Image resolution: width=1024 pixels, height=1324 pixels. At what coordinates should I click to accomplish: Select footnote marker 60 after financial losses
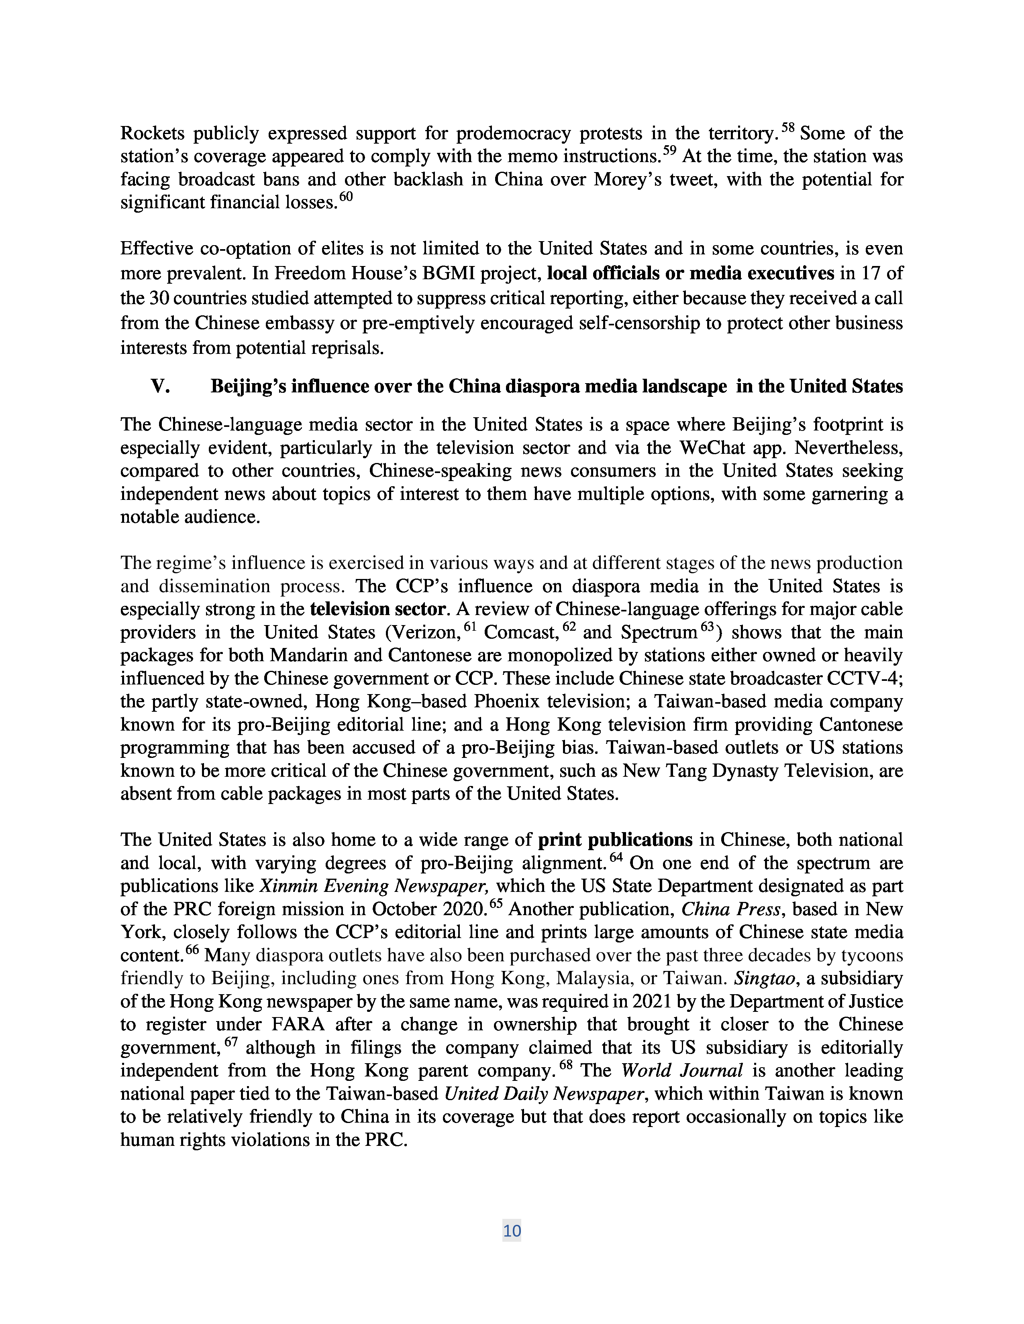coord(345,197)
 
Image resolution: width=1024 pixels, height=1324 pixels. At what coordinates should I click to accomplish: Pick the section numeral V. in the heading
coord(160,386)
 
